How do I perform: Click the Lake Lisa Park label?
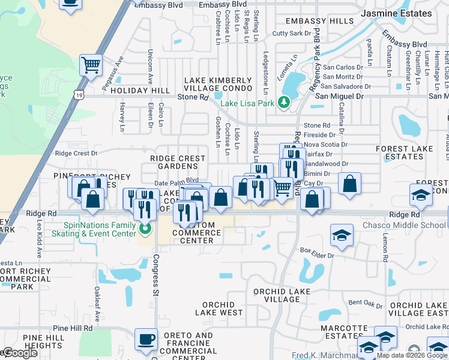pos(247,103)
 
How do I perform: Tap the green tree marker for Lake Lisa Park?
pos(285,103)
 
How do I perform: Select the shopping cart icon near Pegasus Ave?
pos(91,65)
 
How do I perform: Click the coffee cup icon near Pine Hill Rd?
pos(146,340)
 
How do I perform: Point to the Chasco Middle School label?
pos(412,225)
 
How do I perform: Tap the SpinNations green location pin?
pos(144,229)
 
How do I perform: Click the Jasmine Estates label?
pos(396,13)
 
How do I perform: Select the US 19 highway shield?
pos(79,95)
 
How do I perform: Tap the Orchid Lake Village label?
pos(282,296)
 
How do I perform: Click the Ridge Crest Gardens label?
pos(178,163)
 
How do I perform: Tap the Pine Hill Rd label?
pos(73,328)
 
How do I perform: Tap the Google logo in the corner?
pos(20,353)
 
